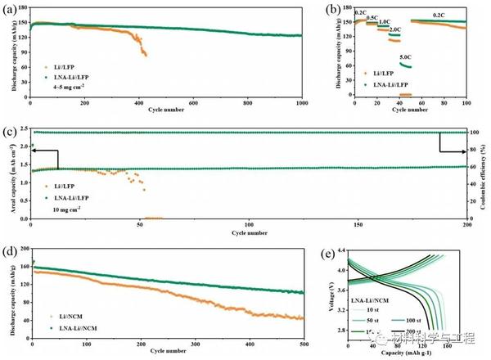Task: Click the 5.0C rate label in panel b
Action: tap(404, 56)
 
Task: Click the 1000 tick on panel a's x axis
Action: tap(302, 101)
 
